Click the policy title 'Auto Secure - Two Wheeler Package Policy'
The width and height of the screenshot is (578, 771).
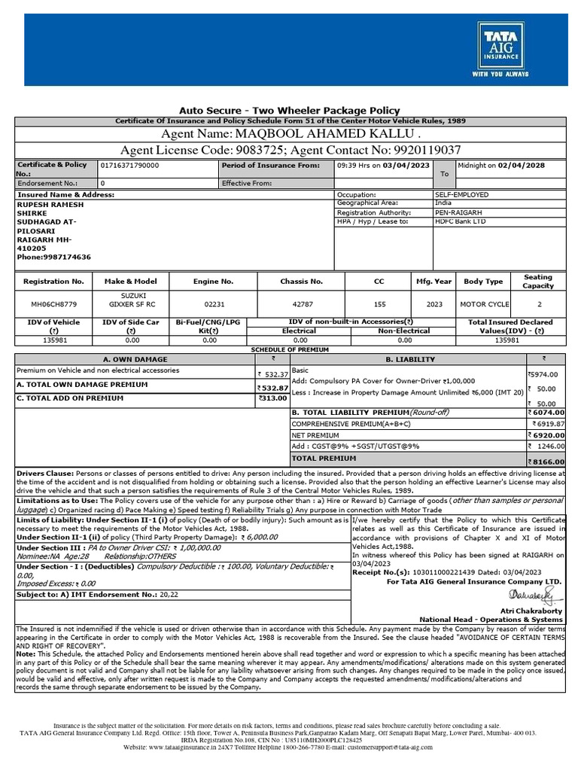pyautogui.click(x=289, y=110)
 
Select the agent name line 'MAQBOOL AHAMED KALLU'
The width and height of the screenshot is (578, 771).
pyautogui.click(x=288, y=133)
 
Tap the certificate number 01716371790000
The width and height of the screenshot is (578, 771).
pyautogui.click(x=129, y=165)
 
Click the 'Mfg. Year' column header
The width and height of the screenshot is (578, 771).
pyautogui.click(x=433, y=281)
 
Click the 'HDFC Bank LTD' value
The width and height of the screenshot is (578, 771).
pyautogui.click(x=461, y=221)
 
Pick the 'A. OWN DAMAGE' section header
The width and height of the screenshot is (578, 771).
pyautogui.click(x=135, y=359)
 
